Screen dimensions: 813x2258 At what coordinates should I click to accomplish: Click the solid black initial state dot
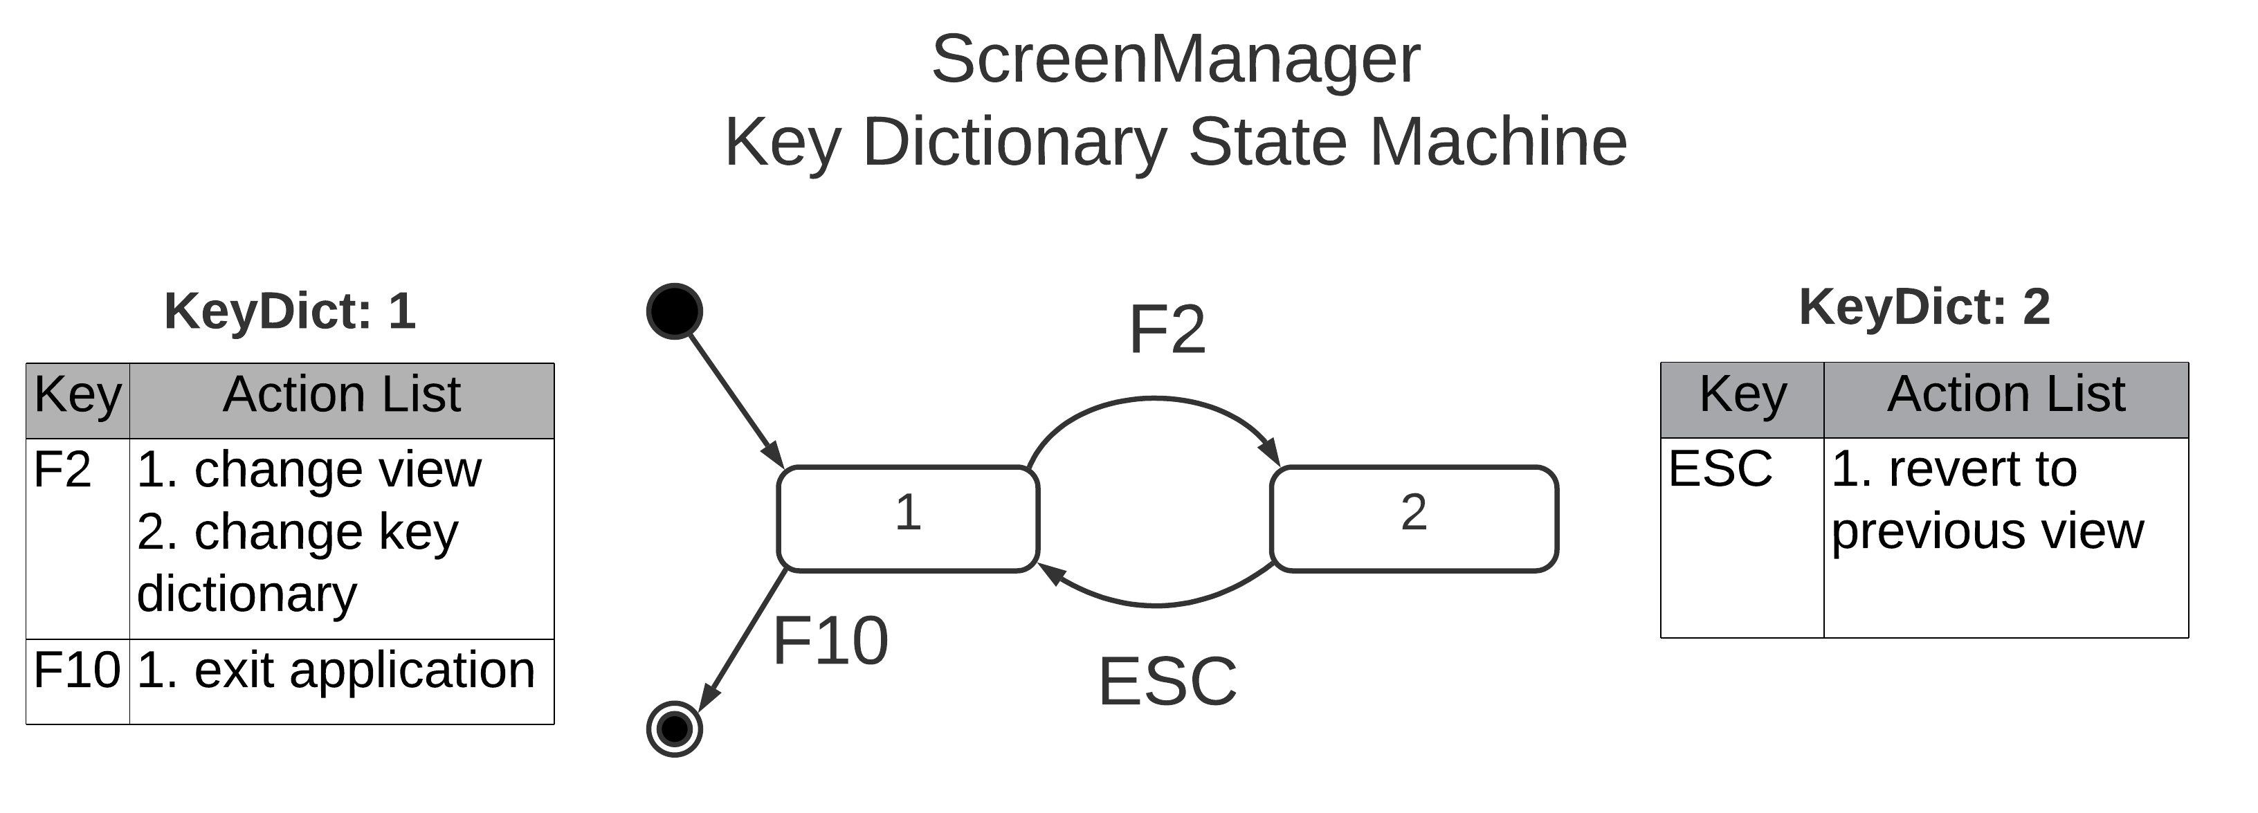pyautogui.click(x=674, y=311)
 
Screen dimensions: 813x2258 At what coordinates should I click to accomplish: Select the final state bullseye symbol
pyautogui.click(x=674, y=728)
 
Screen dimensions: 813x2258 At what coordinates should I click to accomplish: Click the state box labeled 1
pyautogui.click(x=908, y=519)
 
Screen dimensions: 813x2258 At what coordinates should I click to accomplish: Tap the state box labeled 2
pyautogui.click(x=1413, y=519)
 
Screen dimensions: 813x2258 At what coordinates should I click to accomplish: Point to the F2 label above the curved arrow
pyautogui.click(x=1167, y=330)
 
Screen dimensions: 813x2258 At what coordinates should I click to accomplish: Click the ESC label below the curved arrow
pyautogui.click(x=1167, y=682)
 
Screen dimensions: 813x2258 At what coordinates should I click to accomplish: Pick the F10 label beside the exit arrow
pyautogui.click(x=830, y=641)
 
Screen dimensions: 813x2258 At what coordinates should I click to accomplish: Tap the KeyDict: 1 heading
pyautogui.click(x=290, y=311)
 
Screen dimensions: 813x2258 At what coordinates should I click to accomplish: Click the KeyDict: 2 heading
pyautogui.click(x=1924, y=307)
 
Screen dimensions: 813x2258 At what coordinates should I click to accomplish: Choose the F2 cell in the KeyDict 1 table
pyautogui.click(x=62, y=470)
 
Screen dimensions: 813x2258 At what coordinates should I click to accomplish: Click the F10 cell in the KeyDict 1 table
pyautogui.click(x=76, y=671)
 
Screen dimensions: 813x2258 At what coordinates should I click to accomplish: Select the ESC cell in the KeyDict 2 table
pyautogui.click(x=1720, y=468)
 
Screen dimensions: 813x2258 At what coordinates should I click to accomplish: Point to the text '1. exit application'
pyautogui.click(x=336, y=671)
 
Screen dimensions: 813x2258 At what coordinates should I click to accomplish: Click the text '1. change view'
pyautogui.click(x=309, y=470)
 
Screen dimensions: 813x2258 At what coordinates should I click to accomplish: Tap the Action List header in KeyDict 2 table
pyautogui.click(x=2005, y=394)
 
